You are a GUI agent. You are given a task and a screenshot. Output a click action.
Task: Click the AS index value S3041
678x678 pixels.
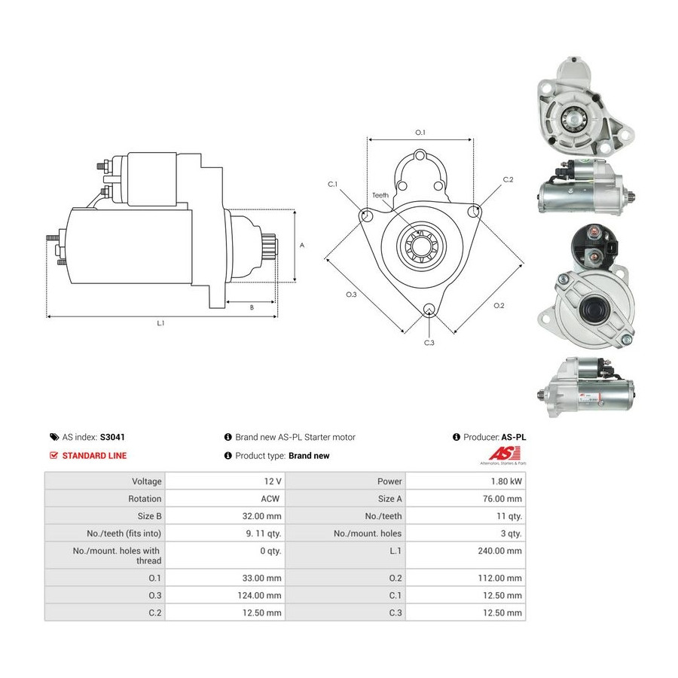click(112, 437)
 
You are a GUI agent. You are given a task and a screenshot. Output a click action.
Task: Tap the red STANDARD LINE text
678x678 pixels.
click(94, 456)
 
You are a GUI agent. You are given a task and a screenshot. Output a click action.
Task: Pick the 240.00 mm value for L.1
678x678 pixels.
click(499, 551)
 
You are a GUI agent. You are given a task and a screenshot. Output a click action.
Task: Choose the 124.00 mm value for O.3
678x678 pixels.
click(259, 595)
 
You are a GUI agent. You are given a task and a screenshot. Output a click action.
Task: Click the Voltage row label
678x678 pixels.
click(147, 481)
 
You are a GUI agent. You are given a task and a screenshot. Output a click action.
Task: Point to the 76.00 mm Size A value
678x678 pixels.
click(502, 499)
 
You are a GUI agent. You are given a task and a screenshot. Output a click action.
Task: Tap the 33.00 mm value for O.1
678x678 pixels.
click(261, 578)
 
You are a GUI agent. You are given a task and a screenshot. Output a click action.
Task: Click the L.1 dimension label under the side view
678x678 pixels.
click(161, 323)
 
